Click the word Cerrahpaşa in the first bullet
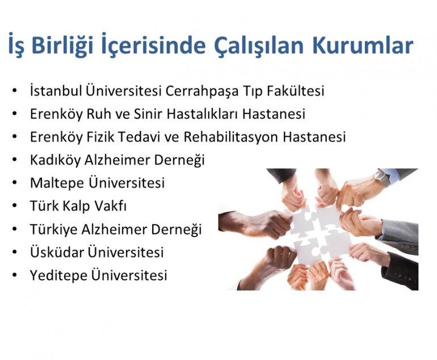[202, 91]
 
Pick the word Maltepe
[57, 183]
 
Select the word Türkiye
[53, 229]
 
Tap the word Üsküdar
[57, 252]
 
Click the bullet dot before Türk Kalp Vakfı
[15, 205]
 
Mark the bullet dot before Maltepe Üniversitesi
[15, 183]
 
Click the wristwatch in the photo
[382, 177]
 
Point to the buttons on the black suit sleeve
[405, 277]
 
